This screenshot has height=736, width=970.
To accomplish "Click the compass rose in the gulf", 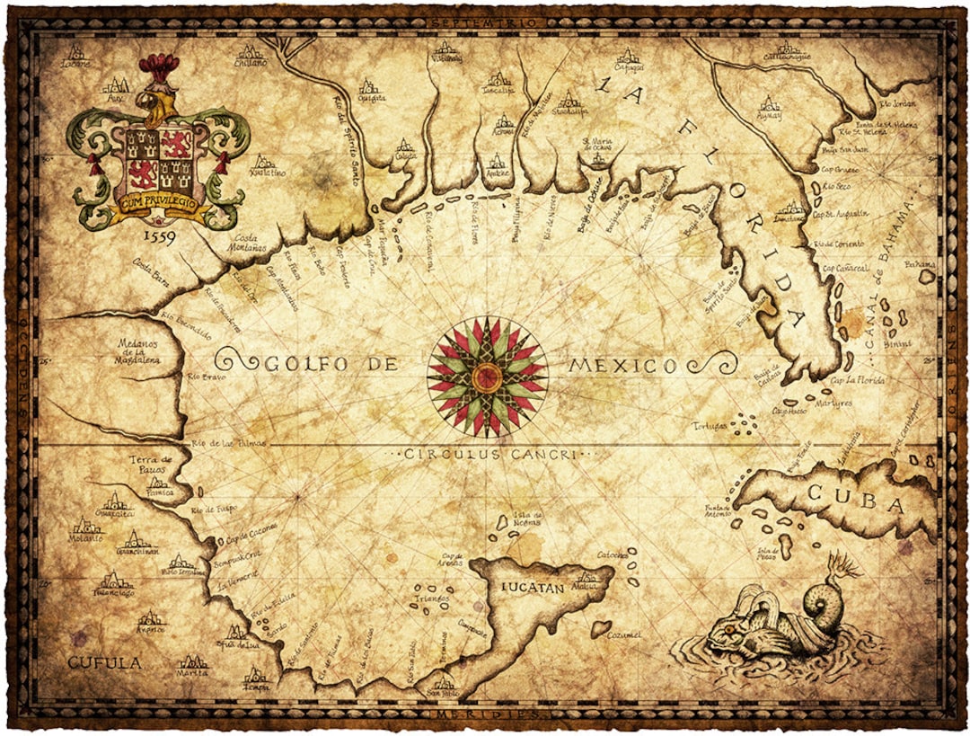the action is point(486,375).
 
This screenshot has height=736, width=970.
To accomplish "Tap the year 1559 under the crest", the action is point(158,236).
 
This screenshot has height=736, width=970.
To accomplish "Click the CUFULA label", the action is point(105,663).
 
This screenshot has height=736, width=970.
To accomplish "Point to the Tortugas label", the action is point(709,425).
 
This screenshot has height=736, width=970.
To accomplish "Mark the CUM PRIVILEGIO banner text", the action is point(154,204).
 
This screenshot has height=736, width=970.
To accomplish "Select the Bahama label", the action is point(919,265).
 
